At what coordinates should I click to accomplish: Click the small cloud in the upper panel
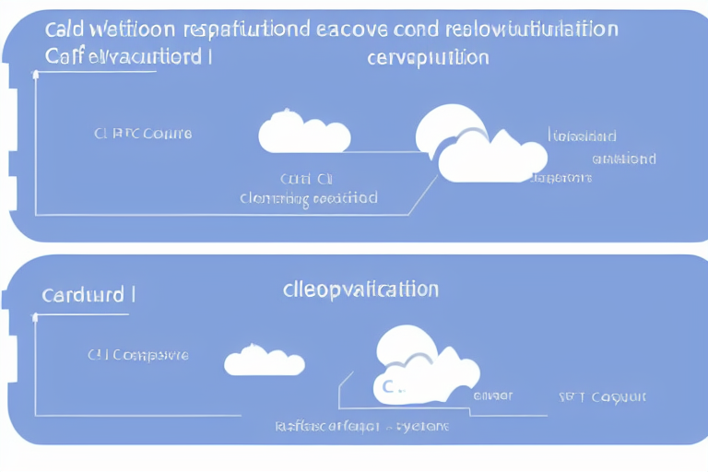point(304,133)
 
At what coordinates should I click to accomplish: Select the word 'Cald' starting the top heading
point(62,29)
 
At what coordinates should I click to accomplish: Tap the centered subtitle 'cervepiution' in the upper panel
point(426,57)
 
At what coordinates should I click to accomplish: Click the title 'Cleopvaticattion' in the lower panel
point(360,289)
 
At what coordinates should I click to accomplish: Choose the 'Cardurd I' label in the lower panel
point(88,296)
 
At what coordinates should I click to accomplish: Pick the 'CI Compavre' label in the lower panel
point(137,354)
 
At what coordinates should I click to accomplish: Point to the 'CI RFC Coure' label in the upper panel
point(142,133)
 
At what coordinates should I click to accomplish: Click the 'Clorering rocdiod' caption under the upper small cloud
point(308,197)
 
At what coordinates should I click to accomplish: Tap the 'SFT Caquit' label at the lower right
point(602,396)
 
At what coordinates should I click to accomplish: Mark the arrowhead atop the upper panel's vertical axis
point(36,77)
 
